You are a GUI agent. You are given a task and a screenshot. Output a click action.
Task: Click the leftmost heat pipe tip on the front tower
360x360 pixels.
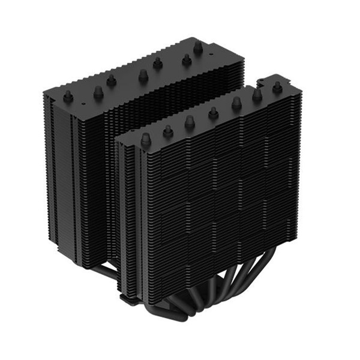[145, 139]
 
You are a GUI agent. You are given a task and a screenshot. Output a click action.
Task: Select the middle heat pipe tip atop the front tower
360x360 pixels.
[213, 112]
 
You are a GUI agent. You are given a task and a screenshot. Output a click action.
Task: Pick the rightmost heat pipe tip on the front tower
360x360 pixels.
[277, 88]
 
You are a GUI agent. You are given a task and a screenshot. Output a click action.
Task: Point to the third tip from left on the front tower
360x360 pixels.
[190, 121]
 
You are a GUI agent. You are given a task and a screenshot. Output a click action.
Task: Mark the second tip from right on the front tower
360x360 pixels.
[257, 95]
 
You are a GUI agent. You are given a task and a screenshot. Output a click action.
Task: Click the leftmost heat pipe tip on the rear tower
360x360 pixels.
[68, 95]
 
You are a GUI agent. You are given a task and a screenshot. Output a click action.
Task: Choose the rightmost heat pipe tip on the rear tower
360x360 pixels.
[197, 46]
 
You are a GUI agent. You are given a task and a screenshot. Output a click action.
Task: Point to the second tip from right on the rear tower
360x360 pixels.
[186, 59]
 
